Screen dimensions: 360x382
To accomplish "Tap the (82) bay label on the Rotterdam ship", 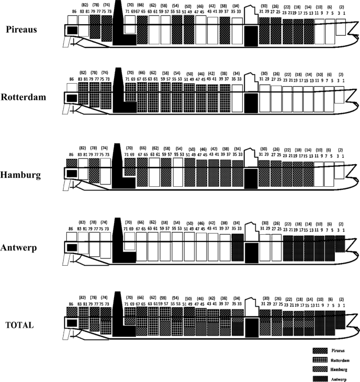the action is (83, 73).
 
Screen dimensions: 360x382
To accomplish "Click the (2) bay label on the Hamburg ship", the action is (342, 149).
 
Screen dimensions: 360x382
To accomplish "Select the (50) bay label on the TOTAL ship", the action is (189, 299).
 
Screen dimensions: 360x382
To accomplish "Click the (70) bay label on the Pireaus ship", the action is (130, 4).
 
